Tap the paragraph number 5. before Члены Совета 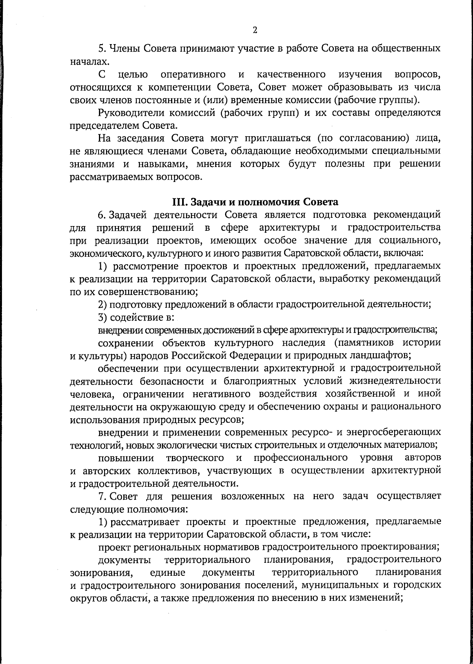pos(101,49)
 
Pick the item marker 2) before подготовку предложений pos(103,304)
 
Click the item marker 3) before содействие pos(103,317)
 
